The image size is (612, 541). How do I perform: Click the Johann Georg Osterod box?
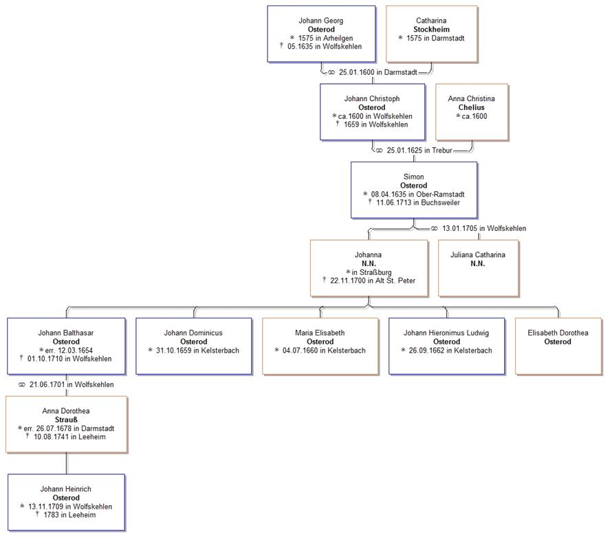click(x=321, y=34)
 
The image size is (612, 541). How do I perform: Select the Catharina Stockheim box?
click(x=431, y=33)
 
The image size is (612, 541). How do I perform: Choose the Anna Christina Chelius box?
click(x=471, y=111)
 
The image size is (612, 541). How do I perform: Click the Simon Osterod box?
click(x=413, y=190)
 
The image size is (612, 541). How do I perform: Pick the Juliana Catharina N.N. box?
click(x=477, y=268)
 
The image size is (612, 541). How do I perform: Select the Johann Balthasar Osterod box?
click(x=66, y=346)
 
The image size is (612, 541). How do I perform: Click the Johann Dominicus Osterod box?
click(x=193, y=346)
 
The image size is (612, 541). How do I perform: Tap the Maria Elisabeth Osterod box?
click(x=320, y=346)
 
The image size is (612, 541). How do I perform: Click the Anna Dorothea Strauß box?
click(x=66, y=424)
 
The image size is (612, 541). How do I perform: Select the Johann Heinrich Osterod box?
click(x=66, y=502)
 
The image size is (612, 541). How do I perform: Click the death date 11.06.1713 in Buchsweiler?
click(x=417, y=203)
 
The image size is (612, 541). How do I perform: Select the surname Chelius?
click(x=471, y=107)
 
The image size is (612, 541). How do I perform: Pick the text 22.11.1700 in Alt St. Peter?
click(x=371, y=280)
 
